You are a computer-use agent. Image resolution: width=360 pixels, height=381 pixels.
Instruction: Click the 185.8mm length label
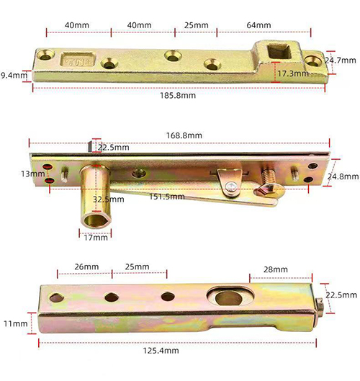coord(178,96)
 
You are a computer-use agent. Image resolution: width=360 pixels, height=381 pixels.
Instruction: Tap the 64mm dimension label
coord(258,25)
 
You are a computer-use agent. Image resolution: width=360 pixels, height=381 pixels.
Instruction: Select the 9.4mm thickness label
coord(14,75)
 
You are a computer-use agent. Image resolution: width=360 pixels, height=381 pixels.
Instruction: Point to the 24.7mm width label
coord(341,60)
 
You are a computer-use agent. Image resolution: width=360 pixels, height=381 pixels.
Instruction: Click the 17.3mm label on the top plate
coord(293,73)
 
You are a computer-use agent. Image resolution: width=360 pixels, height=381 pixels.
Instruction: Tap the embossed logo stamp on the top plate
coord(78,60)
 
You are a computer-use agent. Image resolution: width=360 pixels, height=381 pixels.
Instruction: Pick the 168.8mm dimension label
coord(184,135)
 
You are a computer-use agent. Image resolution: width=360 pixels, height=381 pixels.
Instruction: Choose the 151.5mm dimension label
coord(167,197)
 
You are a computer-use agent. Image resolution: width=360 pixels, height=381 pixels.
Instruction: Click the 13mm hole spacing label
coord(33,174)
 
